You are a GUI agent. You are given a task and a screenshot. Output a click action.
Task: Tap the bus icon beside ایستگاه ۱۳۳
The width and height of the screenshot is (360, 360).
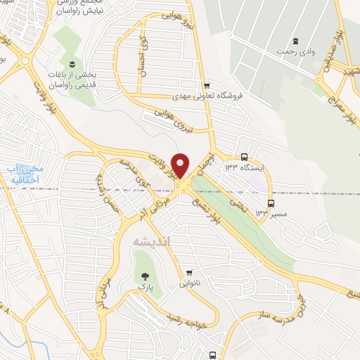tap(244, 157)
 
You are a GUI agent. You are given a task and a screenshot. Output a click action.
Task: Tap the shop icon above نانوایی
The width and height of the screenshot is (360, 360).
tap(189, 273)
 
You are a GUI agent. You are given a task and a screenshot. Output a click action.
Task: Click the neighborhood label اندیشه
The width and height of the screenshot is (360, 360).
tap(152, 240)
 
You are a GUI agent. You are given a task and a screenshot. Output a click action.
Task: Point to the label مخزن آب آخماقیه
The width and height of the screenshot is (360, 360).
tap(27, 174)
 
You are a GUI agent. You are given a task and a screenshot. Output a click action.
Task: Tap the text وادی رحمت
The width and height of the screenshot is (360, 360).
tap(295, 51)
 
